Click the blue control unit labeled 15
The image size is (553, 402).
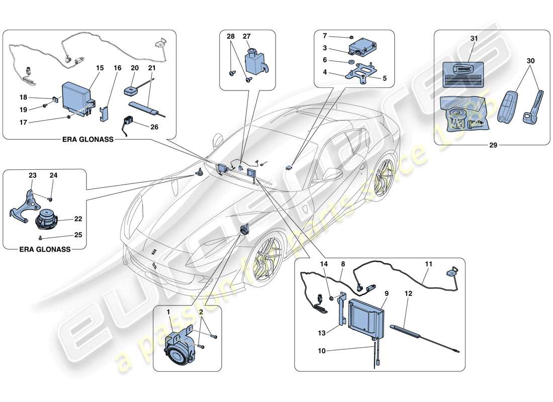coord(75,96)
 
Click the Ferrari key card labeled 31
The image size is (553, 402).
coord(463,75)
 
